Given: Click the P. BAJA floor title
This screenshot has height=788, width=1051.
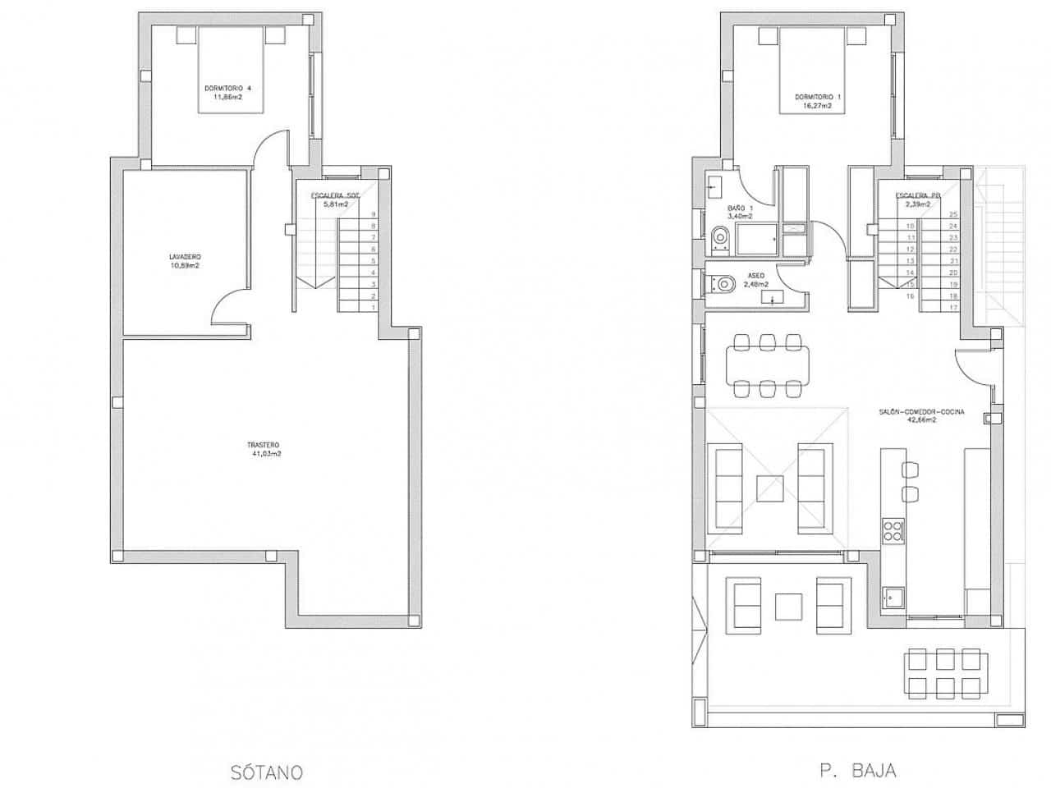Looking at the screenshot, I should (x=857, y=770).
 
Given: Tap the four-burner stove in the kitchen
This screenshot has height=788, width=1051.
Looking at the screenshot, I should (x=893, y=530).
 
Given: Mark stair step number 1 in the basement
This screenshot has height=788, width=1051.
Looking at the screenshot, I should (x=374, y=307).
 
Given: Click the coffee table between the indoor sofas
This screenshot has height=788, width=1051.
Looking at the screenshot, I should (x=770, y=488).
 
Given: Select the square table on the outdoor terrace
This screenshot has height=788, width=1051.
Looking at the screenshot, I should (x=790, y=607).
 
